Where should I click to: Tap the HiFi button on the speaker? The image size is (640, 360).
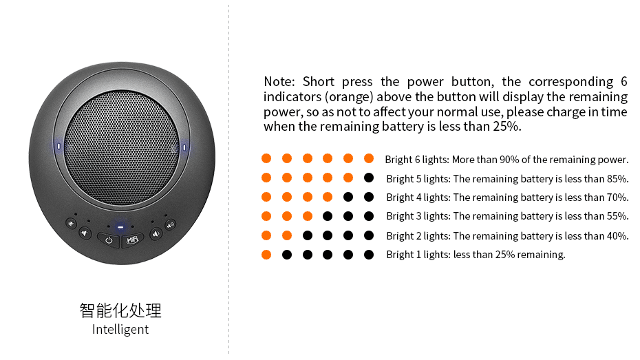pyautogui.click(x=133, y=240)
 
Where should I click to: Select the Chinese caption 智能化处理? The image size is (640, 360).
pyautogui.click(x=120, y=310)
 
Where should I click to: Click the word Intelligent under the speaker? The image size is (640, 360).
pyautogui.click(x=120, y=329)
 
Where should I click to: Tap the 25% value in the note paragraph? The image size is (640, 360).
pyautogui.click(x=506, y=127)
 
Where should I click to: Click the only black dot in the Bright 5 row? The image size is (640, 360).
pyautogui.click(x=369, y=178)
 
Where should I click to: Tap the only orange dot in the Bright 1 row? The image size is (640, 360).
pyautogui.click(x=266, y=255)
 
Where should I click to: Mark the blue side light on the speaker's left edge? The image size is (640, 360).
pyautogui.click(x=59, y=146)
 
